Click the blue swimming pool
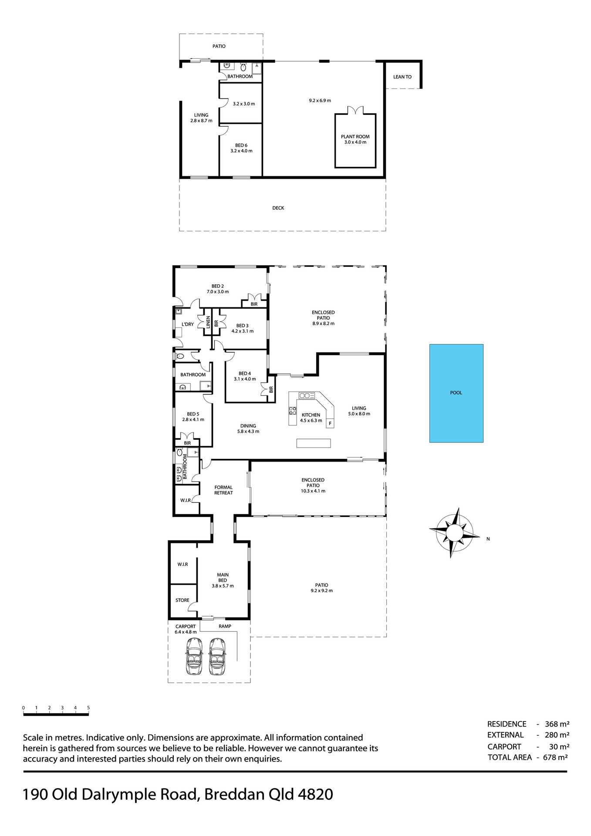[456, 393]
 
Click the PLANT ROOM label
[355, 137]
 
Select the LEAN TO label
[402, 77]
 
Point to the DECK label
[278, 208]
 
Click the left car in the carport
[194, 656]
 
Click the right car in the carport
[217, 656]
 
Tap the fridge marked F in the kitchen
[330, 423]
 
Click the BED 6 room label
[241, 145]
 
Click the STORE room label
[182, 600]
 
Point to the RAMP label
[225, 626]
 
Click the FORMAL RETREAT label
[223, 490]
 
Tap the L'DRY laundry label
[188, 324]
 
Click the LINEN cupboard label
[208, 322]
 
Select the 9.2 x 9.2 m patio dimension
[321, 591]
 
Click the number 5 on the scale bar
[88, 708]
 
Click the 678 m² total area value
[555, 757]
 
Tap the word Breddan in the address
[234, 795]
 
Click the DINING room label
[248, 426]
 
